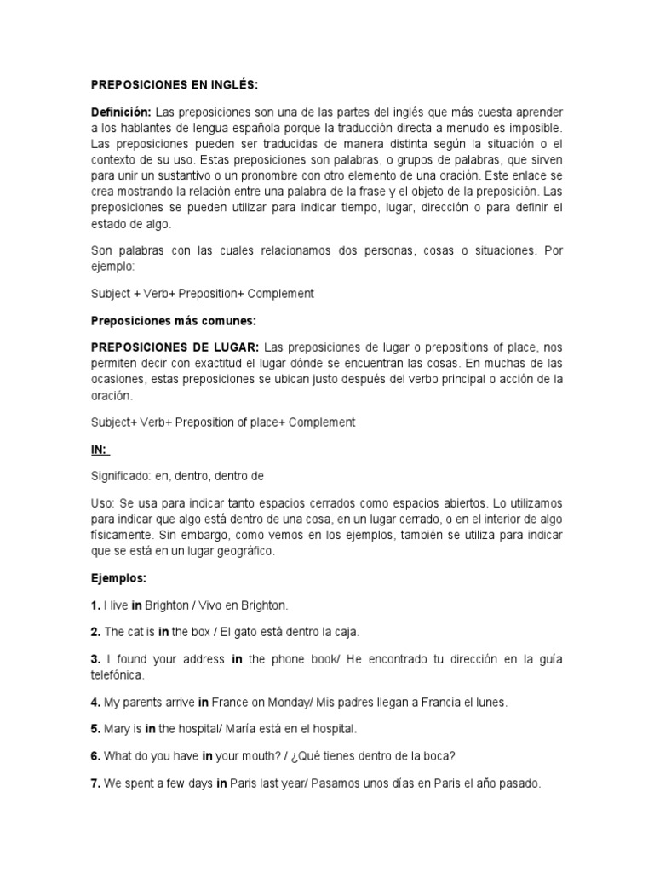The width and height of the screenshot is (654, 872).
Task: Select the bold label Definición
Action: pyautogui.click(x=120, y=113)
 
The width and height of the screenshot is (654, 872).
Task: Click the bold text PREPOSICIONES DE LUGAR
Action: pyautogui.click(x=175, y=347)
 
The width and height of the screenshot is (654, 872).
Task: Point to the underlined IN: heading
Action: pyautogui.click(x=100, y=449)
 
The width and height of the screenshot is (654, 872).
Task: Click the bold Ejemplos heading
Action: pyautogui.click(x=118, y=578)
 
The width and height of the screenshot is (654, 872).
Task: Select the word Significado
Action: pyautogui.click(x=120, y=476)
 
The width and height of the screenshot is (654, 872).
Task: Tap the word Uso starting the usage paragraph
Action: pyautogui.click(x=102, y=503)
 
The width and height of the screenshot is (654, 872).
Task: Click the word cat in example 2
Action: pyautogui.click(x=136, y=633)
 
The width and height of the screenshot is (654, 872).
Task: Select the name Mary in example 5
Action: pyautogui.click(x=117, y=729)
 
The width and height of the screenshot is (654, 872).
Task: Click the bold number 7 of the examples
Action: pyautogui.click(x=95, y=783)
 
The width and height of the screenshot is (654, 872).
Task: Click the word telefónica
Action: pyautogui.click(x=118, y=674)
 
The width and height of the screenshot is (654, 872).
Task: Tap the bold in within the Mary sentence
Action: pyautogui.click(x=150, y=729)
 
